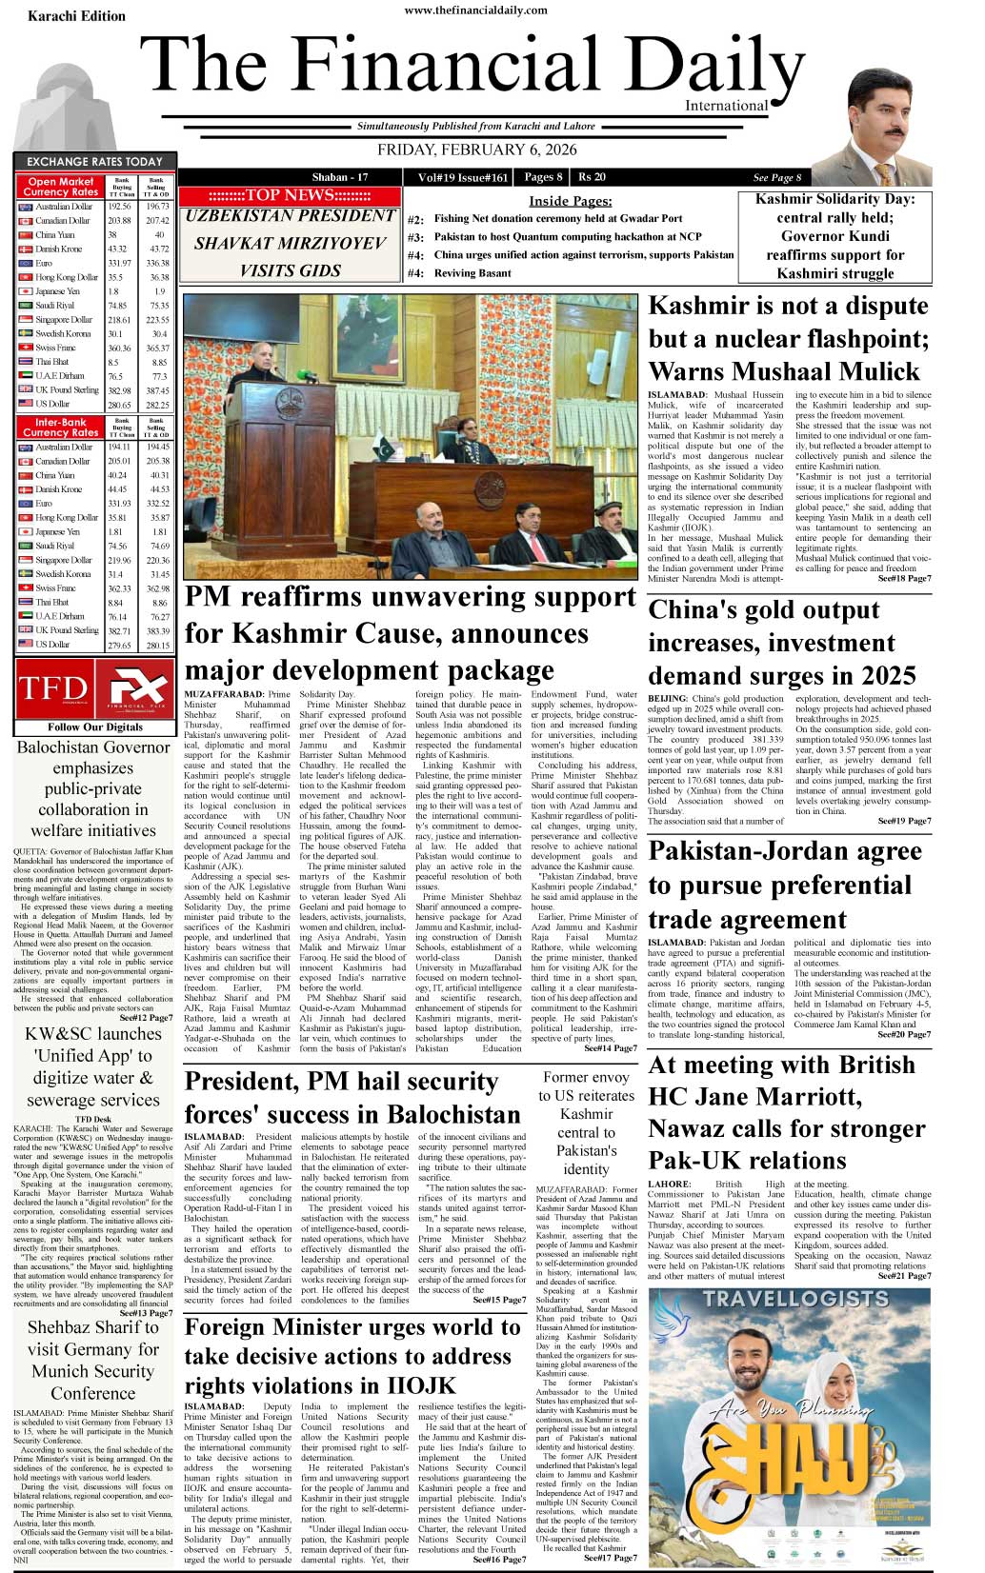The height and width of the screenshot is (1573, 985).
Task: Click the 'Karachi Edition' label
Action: (76, 16)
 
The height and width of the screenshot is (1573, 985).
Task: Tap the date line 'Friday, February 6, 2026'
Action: (476, 149)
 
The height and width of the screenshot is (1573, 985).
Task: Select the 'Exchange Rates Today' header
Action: (94, 162)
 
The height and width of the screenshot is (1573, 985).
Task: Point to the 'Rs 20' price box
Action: (592, 177)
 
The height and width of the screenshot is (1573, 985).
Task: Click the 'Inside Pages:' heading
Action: (570, 201)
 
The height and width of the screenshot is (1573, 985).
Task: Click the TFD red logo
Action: (52, 687)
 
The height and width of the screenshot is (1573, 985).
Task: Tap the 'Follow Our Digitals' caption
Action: (94, 727)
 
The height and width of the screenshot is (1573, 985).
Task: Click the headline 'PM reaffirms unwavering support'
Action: (410, 598)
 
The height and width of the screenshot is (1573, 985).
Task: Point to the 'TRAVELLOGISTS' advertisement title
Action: (794, 1299)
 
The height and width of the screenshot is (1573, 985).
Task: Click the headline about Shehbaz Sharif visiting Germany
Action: (92, 1360)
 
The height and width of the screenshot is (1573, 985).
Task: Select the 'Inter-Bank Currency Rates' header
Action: (61, 427)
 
